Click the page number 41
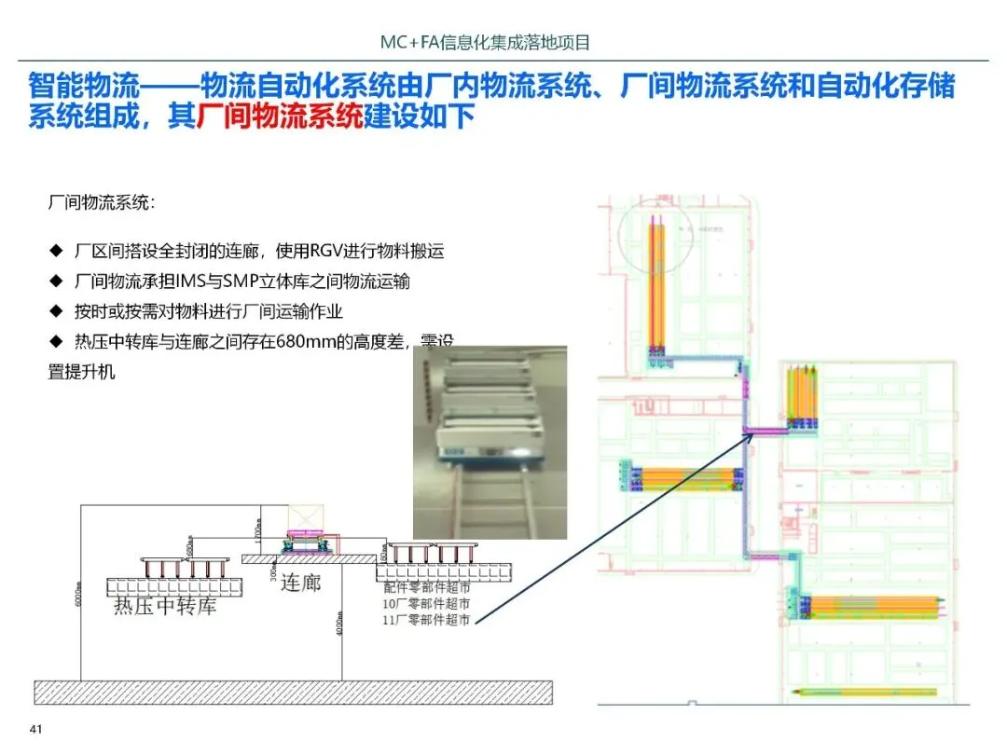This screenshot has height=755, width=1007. pyautogui.click(x=37, y=729)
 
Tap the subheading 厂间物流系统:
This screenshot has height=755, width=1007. pyautogui.click(x=103, y=202)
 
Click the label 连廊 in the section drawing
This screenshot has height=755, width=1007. pyautogui.click(x=300, y=582)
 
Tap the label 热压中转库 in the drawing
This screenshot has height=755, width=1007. pyautogui.click(x=165, y=606)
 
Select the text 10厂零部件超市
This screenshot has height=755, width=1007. pyautogui.click(x=426, y=604)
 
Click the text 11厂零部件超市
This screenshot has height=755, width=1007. pyautogui.click(x=426, y=620)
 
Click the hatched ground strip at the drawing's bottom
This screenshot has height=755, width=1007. pyautogui.click(x=293, y=692)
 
